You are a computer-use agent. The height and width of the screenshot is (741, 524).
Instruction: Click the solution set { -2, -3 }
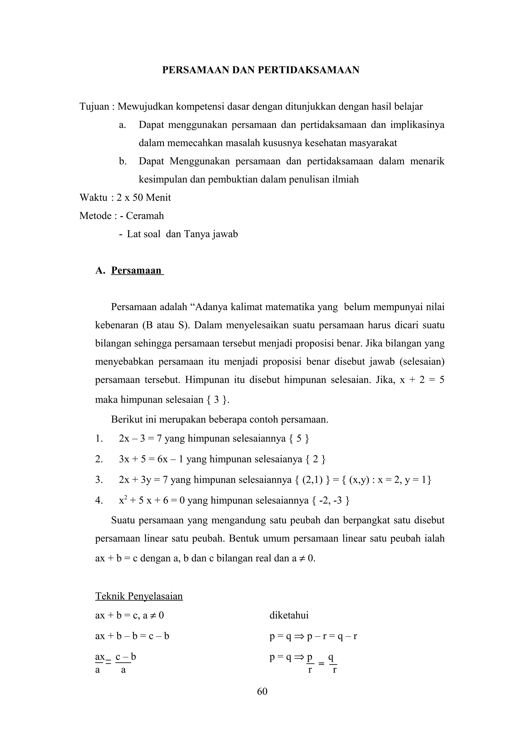click(x=331, y=501)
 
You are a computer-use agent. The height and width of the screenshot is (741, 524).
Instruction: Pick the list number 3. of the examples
click(x=99, y=480)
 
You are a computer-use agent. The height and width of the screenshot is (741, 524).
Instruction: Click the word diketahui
click(x=289, y=615)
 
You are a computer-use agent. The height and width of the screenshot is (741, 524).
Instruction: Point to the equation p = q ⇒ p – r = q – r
click(x=313, y=636)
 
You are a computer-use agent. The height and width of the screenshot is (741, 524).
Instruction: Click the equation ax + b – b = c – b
click(x=132, y=636)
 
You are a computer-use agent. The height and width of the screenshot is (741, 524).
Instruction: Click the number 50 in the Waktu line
click(x=138, y=197)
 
